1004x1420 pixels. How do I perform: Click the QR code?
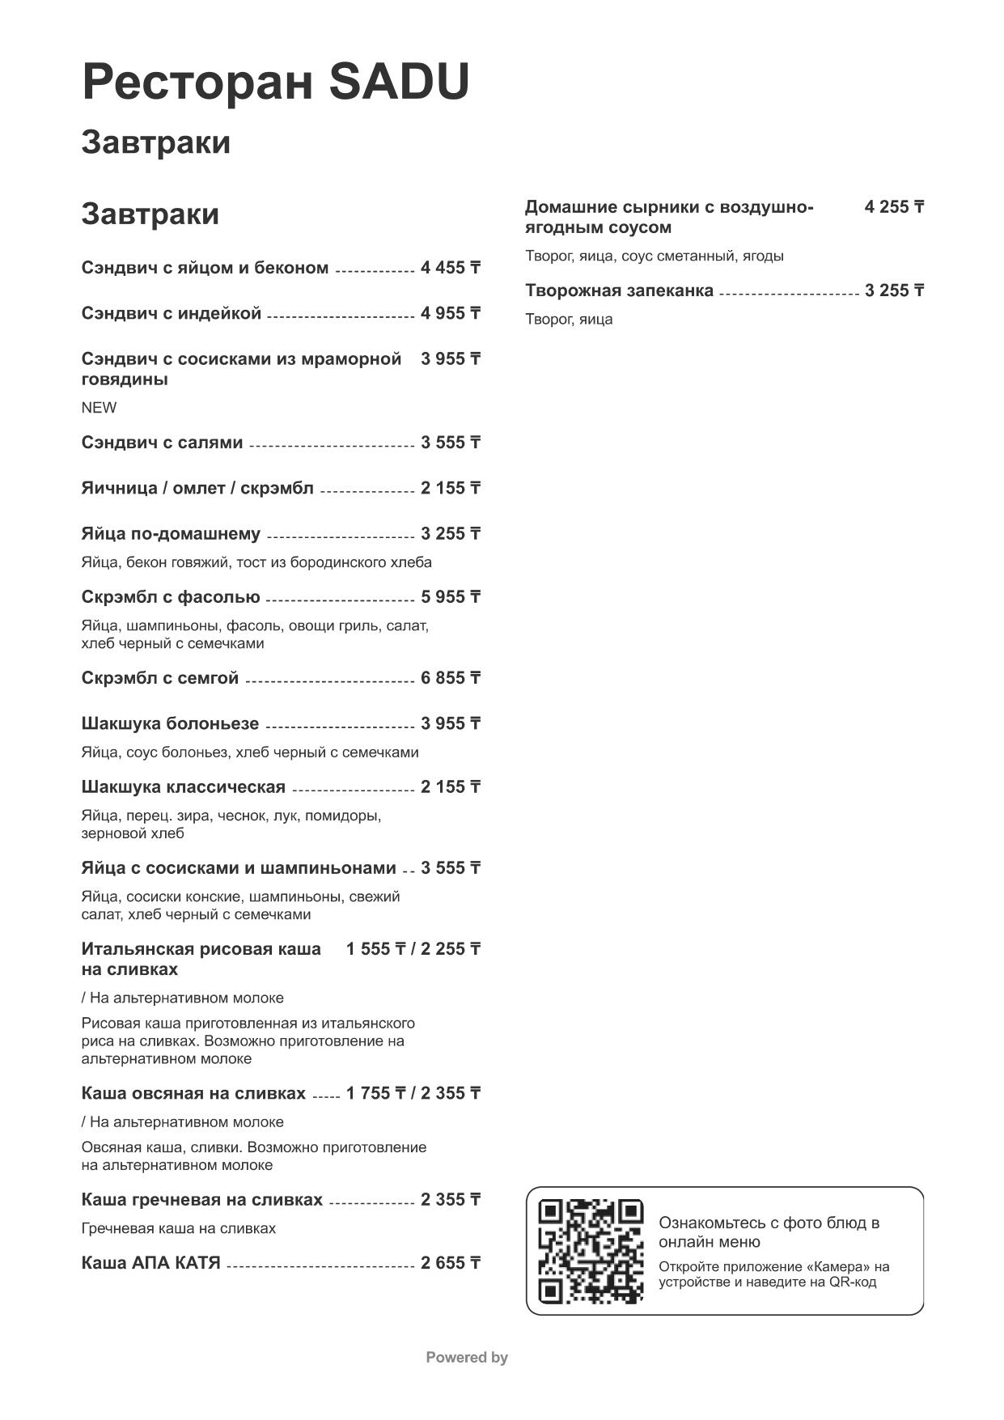[x=591, y=1251]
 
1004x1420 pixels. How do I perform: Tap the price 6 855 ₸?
[x=450, y=678]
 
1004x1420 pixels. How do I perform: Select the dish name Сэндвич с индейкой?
[x=172, y=313]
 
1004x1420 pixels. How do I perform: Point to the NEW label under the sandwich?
[x=99, y=408]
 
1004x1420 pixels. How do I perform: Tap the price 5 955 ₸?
[x=450, y=597]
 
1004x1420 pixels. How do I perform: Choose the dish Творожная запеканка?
[x=619, y=290]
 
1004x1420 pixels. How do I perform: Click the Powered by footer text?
[x=467, y=1358]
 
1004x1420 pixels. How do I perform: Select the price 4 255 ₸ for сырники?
[x=894, y=207]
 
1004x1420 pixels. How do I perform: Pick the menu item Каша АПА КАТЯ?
[x=151, y=1263]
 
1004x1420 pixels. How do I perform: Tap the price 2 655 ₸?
[x=450, y=1263]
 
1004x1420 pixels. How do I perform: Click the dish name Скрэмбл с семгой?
[x=160, y=678]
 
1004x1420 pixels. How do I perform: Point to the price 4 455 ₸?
[x=450, y=268]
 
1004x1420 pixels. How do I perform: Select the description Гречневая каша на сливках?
[x=179, y=1228]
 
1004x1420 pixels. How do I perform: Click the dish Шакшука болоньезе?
[x=170, y=723]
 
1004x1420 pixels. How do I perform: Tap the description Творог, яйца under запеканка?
[x=569, y=320]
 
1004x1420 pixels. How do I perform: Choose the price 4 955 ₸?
[x=450, y=313]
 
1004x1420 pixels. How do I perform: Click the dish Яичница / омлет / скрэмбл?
[x=197, y=488]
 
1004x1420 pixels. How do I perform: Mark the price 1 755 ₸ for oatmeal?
[x=375, y=1094]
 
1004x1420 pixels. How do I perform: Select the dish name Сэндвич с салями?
[x=162, y=443]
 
